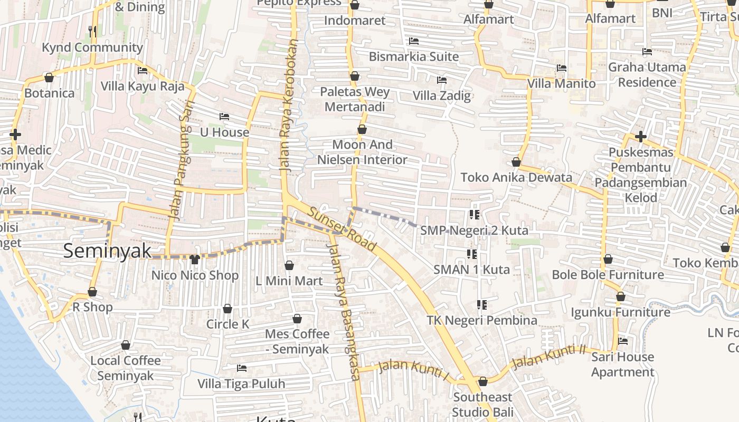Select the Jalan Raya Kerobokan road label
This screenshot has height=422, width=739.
tap(287, 105)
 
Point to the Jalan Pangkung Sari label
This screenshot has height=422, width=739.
tap(180, 160)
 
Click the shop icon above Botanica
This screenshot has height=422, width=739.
tap(49, 78)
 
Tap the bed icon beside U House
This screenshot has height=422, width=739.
tap(224, 117)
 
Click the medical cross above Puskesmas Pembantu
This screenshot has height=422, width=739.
tap(640, 137)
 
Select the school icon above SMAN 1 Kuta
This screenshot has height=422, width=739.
tap(472, 254)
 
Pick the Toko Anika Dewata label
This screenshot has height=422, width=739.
tap(516, 177)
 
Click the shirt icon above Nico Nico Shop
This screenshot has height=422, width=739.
tap(195, 259)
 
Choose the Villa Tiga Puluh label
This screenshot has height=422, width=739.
tap(241, 383)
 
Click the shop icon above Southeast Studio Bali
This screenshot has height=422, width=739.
tap(482, 381)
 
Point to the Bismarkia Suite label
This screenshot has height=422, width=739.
tap(413, 56)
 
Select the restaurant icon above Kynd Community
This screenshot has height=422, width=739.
tap(92, 31)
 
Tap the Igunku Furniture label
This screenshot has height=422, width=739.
tap(620, 312)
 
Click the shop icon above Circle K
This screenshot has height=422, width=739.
tap(228, 309)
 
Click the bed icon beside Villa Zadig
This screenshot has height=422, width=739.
tap(442, 80)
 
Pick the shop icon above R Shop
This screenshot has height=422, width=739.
tap(92, 292)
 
